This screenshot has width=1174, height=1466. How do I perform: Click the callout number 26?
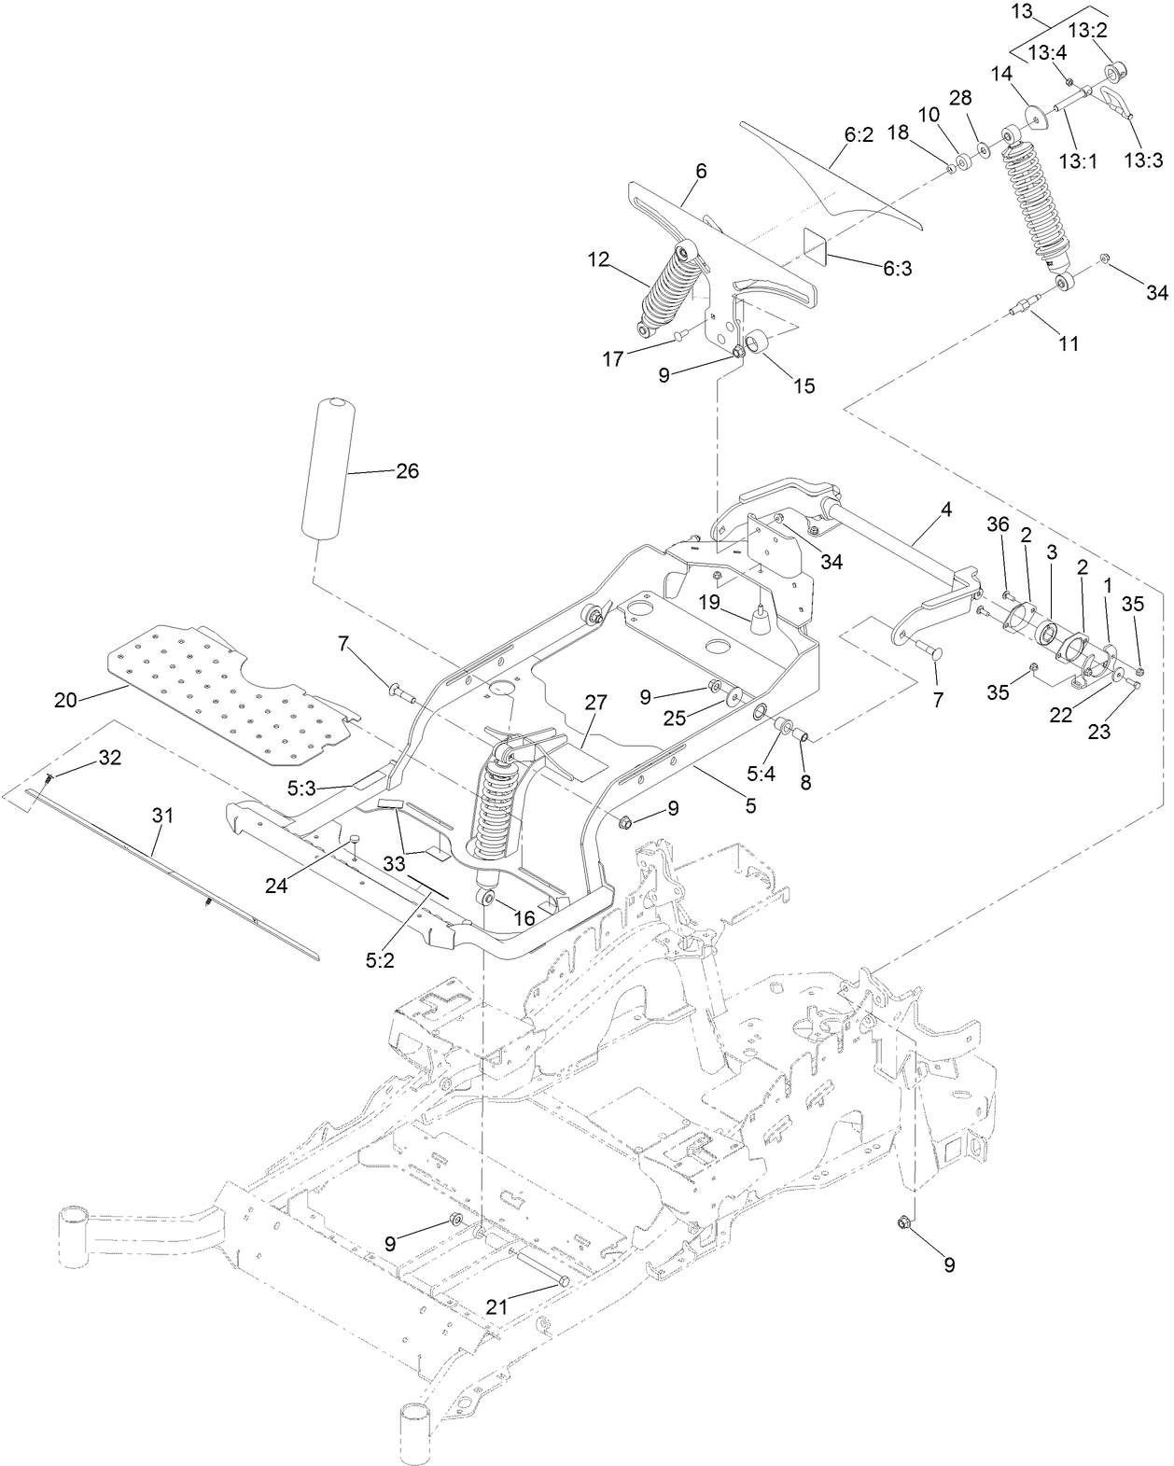pos(407,471)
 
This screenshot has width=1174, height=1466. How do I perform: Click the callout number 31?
pos(163,815)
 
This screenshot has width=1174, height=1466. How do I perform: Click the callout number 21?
pos(496,1307)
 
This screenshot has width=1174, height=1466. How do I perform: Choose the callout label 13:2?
pos(1087,31)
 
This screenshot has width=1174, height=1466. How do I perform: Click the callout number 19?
pos(710,602)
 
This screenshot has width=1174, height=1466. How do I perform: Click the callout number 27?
pos(595,703)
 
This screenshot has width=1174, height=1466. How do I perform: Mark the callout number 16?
pos(524,918)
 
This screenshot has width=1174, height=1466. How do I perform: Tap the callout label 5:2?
pos(380,960)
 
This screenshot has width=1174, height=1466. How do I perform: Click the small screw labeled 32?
pos(49,776)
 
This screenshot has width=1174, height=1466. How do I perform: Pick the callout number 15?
pos(803,385)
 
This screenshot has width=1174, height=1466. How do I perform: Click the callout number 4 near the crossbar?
pos(945,510)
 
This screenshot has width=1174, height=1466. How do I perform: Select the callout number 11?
pos(1069,343)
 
